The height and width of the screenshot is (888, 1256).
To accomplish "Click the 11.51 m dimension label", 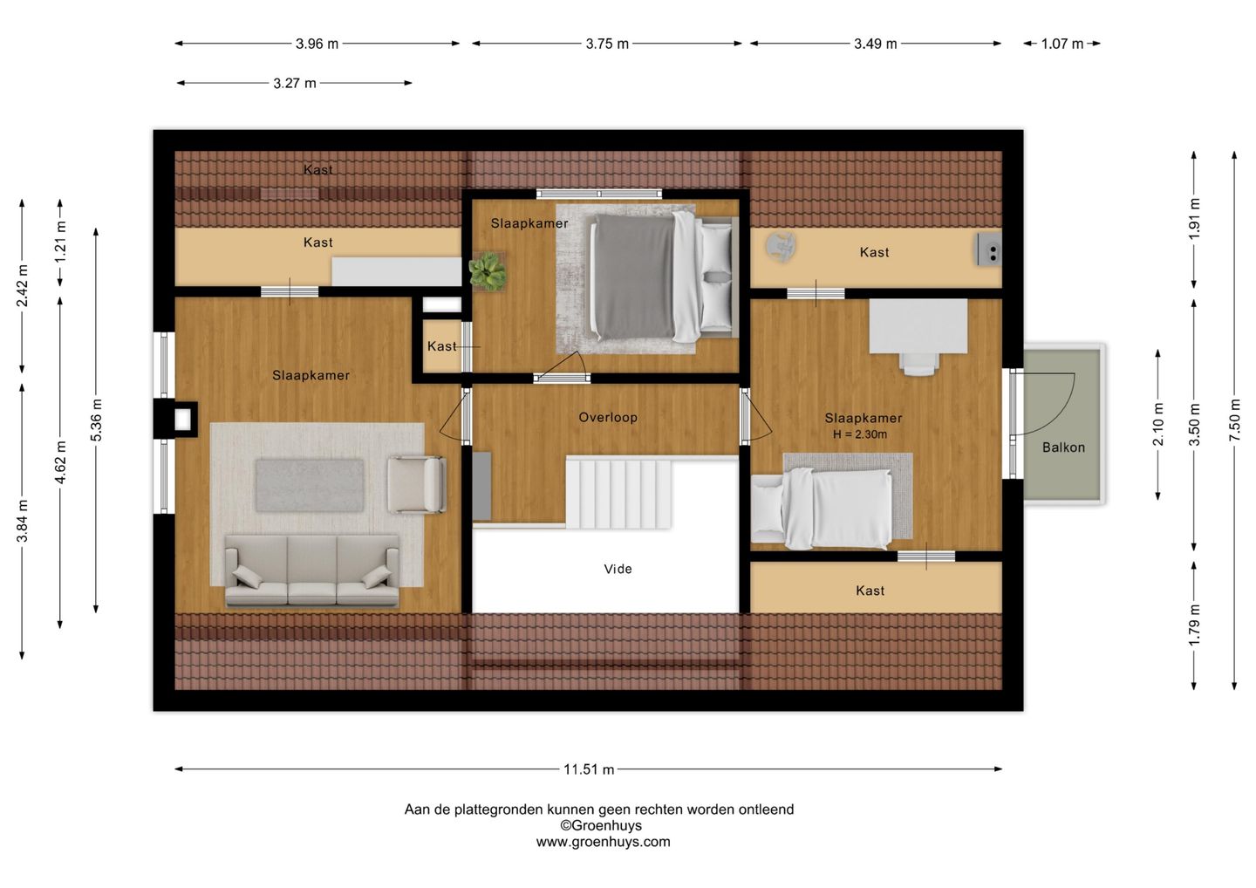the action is click(x=588, y=769).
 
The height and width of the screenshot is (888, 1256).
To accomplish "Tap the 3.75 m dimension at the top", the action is click(x=607, y=44).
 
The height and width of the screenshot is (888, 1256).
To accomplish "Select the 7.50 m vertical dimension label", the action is click(x=1234, y=420).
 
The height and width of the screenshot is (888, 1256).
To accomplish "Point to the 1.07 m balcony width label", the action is click(x=1062, y=44).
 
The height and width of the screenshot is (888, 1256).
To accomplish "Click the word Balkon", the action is click(x=1063, y=447).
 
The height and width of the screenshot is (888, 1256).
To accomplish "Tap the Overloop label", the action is click(x=608, y=417).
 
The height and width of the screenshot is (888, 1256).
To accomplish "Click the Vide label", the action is click(x=618, y=569).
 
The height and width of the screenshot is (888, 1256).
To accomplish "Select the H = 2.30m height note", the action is click(x=860, y=434).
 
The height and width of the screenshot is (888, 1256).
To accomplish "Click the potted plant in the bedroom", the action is click(x=488, y=271).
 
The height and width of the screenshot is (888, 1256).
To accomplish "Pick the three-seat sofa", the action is click(x=311, y=570).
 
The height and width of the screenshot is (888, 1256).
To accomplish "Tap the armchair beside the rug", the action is click(x=417, y=484).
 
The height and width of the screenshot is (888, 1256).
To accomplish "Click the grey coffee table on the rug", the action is click(x=310, y=485).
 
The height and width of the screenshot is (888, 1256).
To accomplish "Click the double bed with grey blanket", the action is click(x=663, y=278).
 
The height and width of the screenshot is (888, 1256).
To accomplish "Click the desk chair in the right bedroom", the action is click(x=919, y=363).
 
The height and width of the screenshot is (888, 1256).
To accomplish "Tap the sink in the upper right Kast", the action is click(x=989, y=249).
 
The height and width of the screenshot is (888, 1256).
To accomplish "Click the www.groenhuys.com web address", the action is click(x=603, y=842).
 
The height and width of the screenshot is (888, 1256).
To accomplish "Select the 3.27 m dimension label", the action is click(x=295, y=84).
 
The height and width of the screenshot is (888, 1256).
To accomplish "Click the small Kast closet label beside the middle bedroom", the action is click(x=442, y=346).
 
